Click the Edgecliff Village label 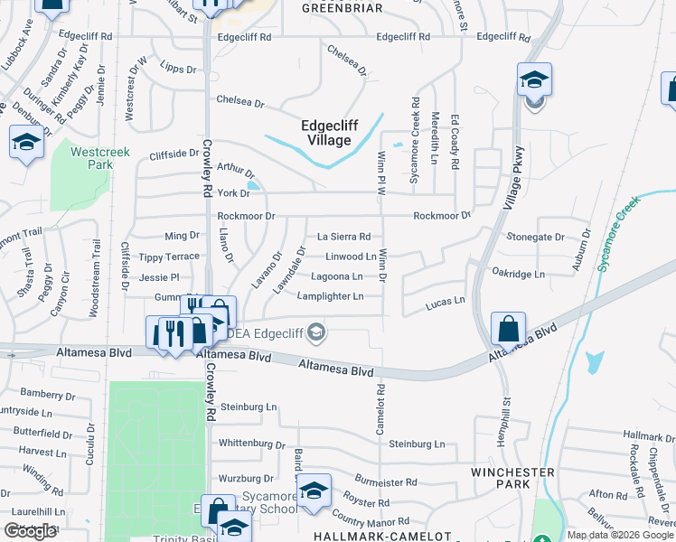(327, 133)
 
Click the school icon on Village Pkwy (534, 79)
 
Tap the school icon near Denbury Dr (26, 142)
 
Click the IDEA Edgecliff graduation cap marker (315, 333)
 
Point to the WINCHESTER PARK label (512, 479)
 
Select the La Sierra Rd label (343, 237)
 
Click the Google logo (31, 531)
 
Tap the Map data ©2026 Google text (620, 535)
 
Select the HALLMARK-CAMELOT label (381, 536)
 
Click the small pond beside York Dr (252, 187)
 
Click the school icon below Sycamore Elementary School (234, 527)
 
